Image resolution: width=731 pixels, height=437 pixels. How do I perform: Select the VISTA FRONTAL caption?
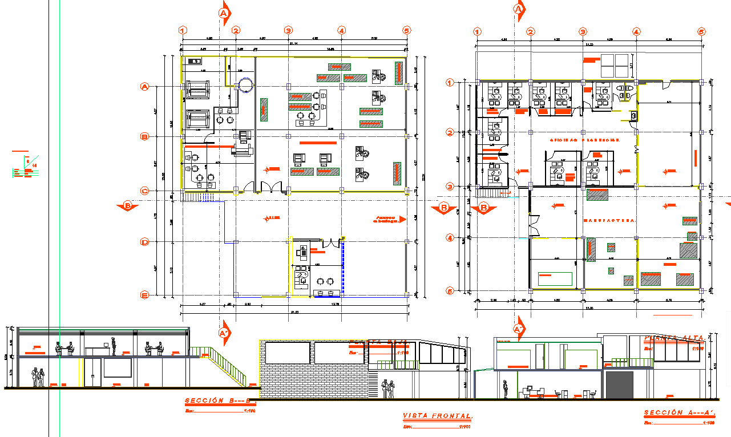(438, 416)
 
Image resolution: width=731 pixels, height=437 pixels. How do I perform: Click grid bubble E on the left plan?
(145, 295)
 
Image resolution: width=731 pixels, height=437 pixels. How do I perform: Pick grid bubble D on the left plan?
(145, 242)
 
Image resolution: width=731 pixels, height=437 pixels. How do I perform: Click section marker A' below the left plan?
(224, 334)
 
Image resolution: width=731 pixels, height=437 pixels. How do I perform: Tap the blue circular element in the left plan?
(245, 85)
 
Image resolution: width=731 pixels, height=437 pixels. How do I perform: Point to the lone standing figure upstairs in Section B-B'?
(114, 346)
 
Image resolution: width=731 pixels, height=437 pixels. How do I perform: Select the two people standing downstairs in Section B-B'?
(38, 377)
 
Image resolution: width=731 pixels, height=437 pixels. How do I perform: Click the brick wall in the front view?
(314, 377)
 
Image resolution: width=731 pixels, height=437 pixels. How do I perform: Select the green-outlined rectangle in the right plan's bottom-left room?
(555, 278)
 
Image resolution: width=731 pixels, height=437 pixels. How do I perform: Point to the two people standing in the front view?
(389, 389)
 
